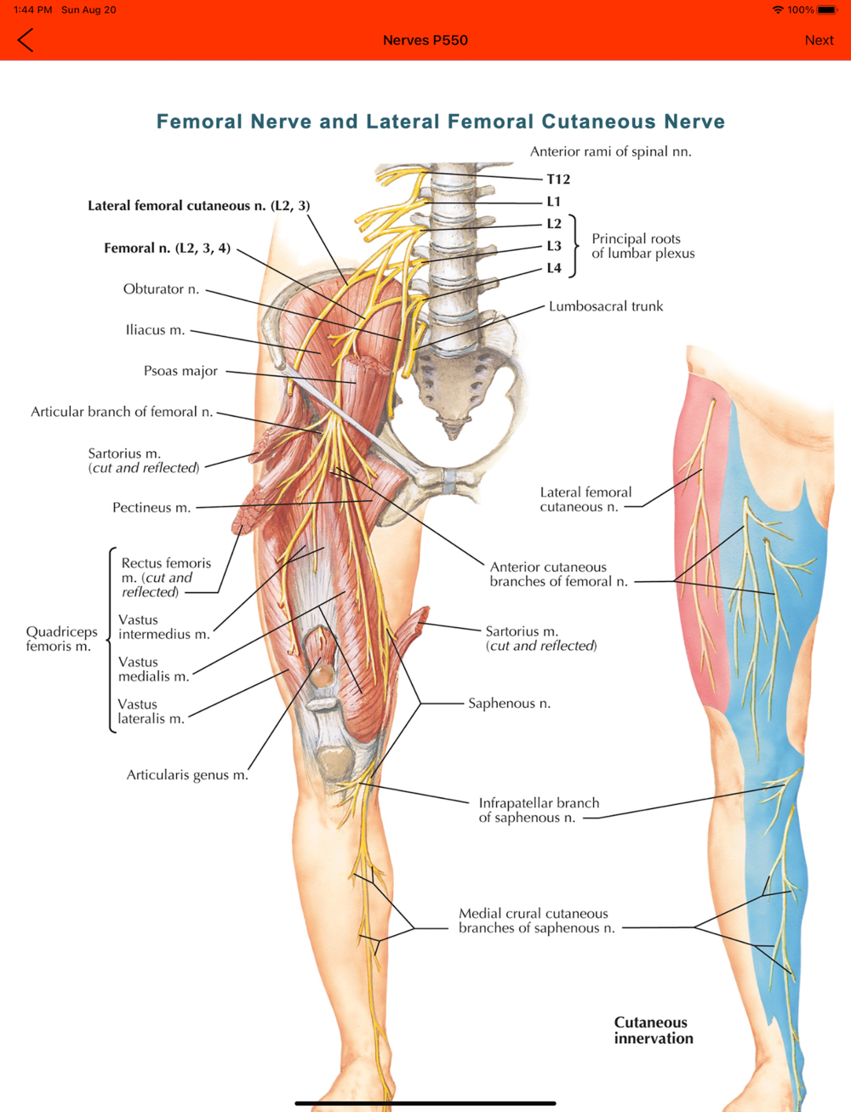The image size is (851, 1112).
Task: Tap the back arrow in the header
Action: click(x=26, y=40)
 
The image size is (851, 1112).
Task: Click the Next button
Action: click(x=819, y=40)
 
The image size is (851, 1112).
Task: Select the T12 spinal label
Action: click(x=558, y=180)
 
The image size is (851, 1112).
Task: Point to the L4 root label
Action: click(x=554, y=268)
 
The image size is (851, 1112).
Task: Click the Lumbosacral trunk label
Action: click(x=606, y=306)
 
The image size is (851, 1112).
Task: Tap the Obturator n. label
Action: click(x=161, y=288)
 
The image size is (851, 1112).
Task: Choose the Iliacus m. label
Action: click(x=155, y=330)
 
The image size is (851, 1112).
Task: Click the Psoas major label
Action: click(x=180, y=371)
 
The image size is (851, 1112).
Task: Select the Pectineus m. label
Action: click(x=151, y=507)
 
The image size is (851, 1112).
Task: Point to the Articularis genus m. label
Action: click(x=187, y=774)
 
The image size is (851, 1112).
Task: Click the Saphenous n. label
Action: click(x=509, y=703)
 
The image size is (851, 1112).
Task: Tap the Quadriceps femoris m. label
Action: click(x=61, y=639)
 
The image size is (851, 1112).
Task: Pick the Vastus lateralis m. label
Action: click(x=151, y=711)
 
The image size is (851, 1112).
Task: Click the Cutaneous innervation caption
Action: click(x=654, y=1030)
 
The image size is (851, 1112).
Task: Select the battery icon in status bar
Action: click(x=827, y=9)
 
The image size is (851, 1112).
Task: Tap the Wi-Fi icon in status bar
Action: click(x=778, y=9)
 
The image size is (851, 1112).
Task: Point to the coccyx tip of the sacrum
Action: click(x=453, y=436)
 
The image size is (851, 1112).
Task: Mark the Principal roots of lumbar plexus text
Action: click(x=643, y=246)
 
